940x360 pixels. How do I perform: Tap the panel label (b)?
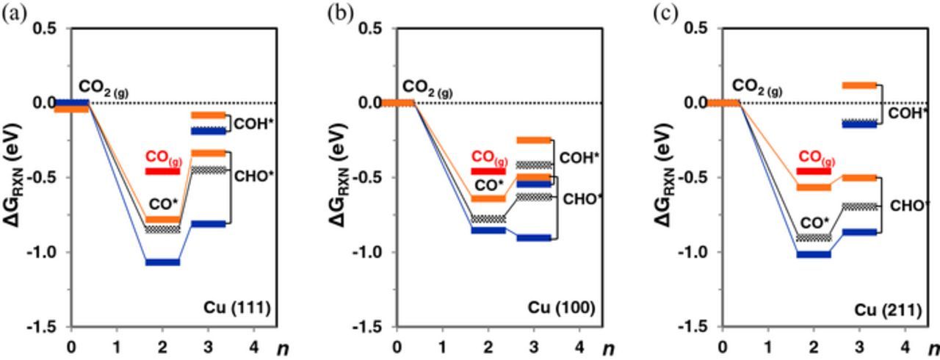tap(340, 13)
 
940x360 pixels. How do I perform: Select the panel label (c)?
tap(666, 13)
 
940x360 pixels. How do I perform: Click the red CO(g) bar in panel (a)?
tap(162, 171)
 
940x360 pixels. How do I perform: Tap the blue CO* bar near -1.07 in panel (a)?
tap(162, 262)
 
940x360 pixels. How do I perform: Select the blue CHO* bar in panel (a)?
tap(208, 224)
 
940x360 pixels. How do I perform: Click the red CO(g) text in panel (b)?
tap(489, 156)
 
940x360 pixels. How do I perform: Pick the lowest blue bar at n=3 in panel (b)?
tap(534, 237)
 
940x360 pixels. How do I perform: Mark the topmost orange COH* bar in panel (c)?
tap(859, 85)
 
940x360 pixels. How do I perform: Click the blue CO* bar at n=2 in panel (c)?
tap(814, 254)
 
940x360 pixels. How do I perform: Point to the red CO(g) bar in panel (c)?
tap(814, 171)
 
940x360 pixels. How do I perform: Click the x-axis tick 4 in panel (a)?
tap(253, 345)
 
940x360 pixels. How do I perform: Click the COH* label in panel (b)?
tap(579, 157)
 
